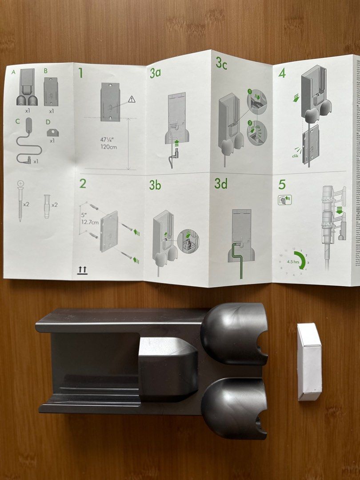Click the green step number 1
tap(80, 73)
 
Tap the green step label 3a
tap(155, 73)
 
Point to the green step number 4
tap(282, 73)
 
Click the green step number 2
tap(82, 183)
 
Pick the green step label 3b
tap(155, 185)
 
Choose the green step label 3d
tap(221, 184)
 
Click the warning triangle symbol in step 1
tap(131, 100)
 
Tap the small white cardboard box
tap(309, 361)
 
